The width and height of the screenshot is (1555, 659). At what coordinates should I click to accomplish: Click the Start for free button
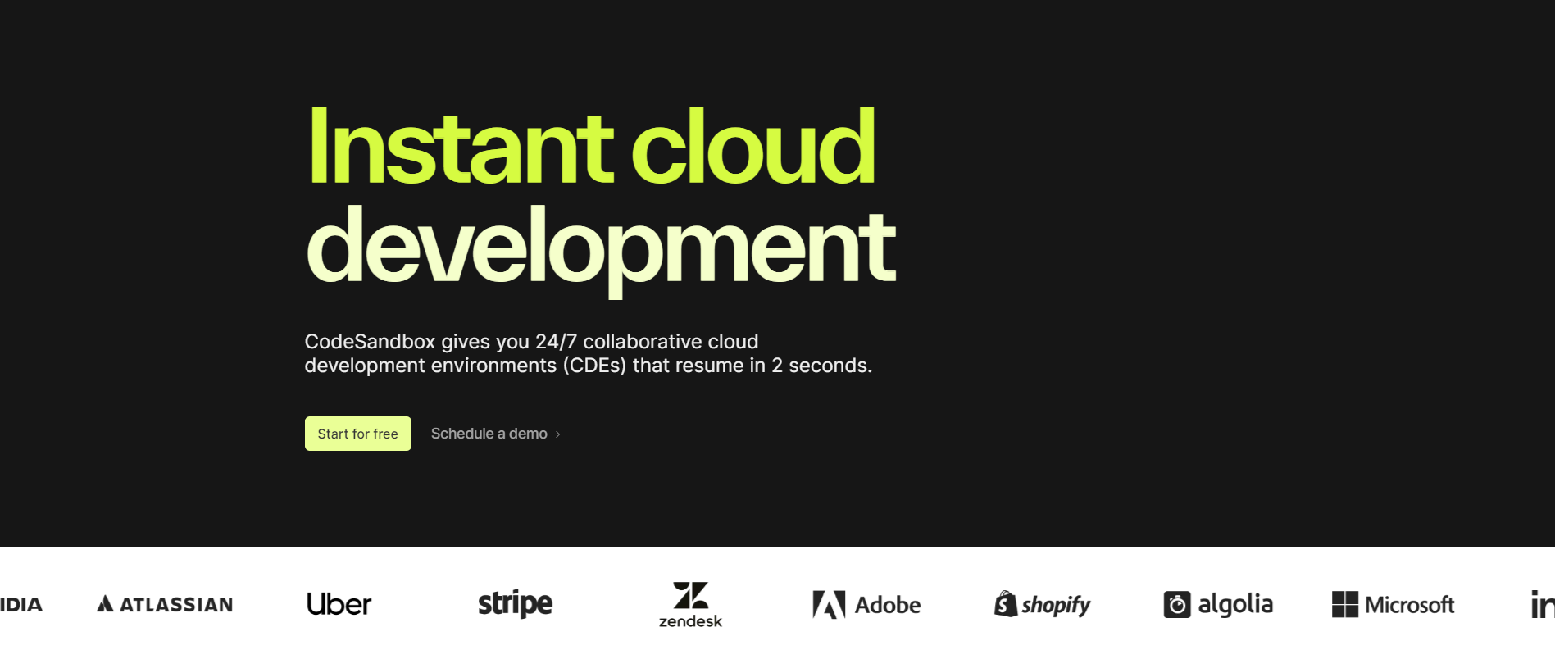[x=358, y=434]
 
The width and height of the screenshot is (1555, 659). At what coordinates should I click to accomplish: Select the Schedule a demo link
[x=489, y=434]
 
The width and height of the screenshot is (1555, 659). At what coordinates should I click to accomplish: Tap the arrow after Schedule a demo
[x=557, y=434]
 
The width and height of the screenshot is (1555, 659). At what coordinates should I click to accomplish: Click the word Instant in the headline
[x=460, y=147]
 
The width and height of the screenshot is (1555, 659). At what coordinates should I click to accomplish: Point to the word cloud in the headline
[x=752, y=147]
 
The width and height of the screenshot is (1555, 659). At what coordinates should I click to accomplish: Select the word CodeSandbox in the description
[x=370, y=342]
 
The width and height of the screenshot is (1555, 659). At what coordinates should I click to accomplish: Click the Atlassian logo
[x=165, y=605]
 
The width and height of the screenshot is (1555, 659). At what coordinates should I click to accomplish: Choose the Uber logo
[x=339, y=604]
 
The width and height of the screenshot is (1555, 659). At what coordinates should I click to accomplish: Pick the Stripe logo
[x=516, y=604]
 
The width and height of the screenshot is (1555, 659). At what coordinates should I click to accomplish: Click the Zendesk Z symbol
[x=691, y=595]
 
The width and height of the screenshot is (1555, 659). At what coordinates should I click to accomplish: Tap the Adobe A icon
[x=829, y=605]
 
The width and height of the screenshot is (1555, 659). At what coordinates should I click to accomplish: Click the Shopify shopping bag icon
[x=1006, y=604]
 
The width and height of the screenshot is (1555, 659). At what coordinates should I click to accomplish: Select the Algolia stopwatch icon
[x=1177, y=605]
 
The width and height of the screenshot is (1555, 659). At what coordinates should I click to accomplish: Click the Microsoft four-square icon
[x=1345, y=605]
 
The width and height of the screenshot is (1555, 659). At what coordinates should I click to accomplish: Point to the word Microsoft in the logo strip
[x=1410, y=605]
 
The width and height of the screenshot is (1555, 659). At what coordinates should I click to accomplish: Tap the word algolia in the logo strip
[x=1235, y=605]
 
